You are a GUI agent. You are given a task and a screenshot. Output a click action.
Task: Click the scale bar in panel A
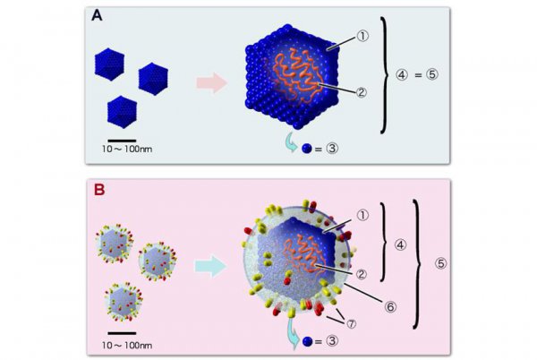122,140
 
